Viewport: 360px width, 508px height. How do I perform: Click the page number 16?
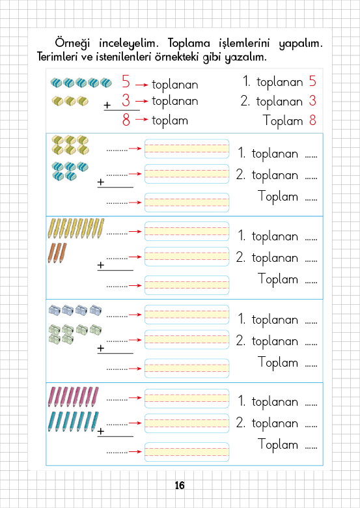(180, 485)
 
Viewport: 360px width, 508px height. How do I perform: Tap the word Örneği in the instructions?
(72, 44)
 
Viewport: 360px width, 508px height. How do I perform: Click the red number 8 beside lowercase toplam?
(126, 120)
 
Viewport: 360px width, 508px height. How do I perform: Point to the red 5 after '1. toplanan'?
(312, 81)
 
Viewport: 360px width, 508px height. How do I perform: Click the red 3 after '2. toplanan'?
(312, 100)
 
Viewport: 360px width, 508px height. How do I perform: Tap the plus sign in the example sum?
(107, 105)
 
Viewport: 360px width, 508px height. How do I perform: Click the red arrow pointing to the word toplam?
(142, 120)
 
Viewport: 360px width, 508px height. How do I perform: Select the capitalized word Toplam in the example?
(283, 121)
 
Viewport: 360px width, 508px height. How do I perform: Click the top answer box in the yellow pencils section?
(187, 231)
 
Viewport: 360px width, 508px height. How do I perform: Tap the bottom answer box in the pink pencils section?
(187, 452)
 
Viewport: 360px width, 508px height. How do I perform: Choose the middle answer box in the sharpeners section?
(187, 340)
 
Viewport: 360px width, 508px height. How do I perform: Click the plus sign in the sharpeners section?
(101, 348)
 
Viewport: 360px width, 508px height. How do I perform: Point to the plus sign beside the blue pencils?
(101, 431)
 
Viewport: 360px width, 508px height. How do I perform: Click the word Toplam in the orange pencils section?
(278, 279)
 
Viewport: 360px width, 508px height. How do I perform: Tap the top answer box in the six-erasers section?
(187, 148)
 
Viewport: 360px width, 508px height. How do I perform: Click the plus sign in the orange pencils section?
(101, 265)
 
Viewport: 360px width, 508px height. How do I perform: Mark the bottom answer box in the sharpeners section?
(187, 369)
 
